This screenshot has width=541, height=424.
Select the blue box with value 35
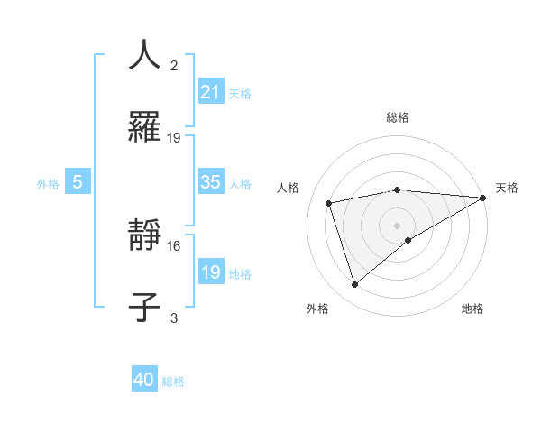pos(211,182)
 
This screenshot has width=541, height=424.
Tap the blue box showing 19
pos(211,272)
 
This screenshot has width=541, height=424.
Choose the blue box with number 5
pos(78,182)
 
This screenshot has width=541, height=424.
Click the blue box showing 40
pos(144,380)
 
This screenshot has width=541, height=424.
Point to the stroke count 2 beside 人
pos(174,66)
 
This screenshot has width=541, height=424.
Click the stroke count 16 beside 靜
pos(174,245)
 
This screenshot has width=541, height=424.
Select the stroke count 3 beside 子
pos(174,317)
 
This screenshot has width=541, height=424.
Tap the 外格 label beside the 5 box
pos(48,183)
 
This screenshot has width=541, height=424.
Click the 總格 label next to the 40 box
pos(173,382)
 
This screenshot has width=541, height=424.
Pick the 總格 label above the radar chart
pos(398,117)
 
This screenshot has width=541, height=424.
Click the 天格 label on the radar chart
pos(507,187)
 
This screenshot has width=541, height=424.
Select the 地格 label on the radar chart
pos(472,309)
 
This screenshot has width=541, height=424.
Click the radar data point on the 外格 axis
pos(354,285)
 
